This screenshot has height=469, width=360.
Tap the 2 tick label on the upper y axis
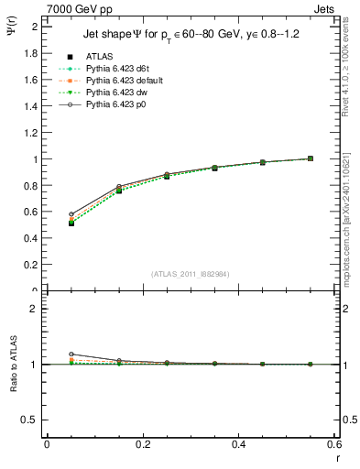(x=35, y=27)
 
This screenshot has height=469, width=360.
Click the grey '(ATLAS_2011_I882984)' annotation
(x=190, y=274)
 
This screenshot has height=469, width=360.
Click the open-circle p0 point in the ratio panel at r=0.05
(x=71, y=354)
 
